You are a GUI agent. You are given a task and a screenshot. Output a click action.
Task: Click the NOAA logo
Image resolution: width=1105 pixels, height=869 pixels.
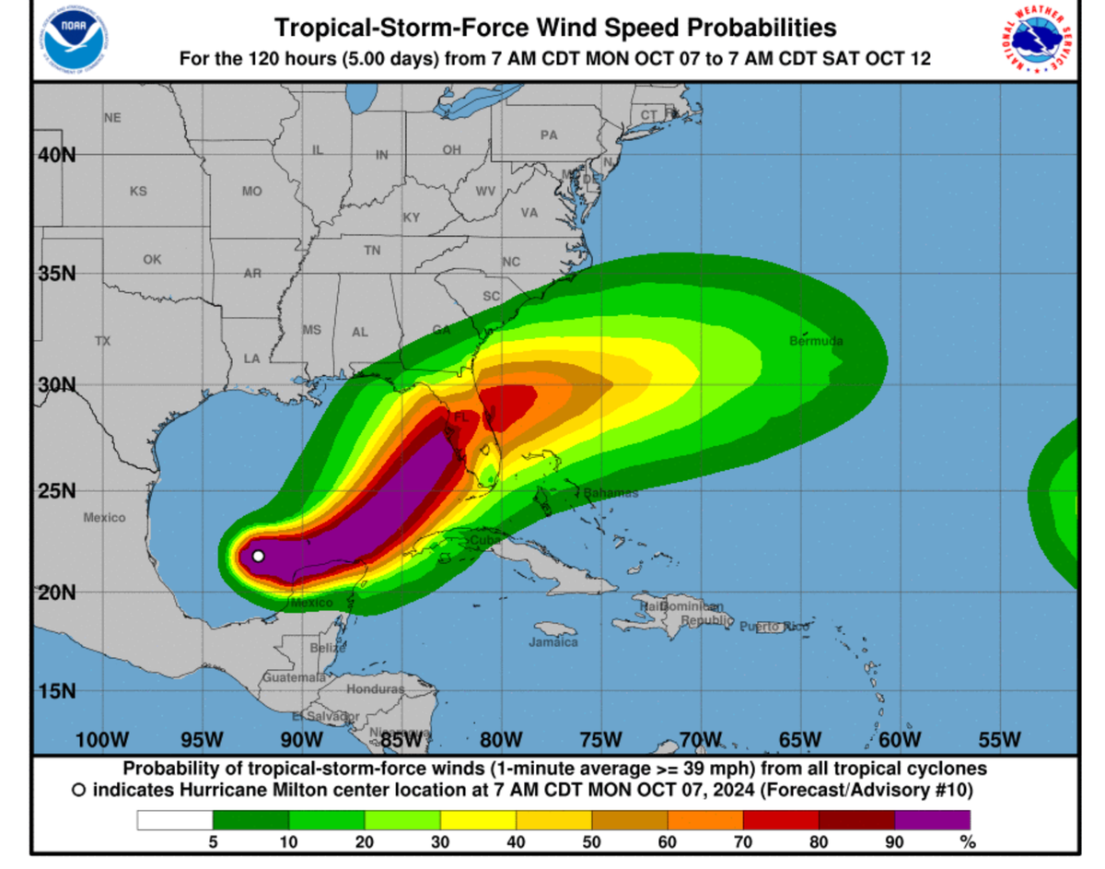pyautogui.click(x=73, y=42)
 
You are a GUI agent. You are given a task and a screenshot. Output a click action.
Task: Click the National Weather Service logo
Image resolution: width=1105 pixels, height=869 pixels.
pyautogui.click(x=1035, y=41)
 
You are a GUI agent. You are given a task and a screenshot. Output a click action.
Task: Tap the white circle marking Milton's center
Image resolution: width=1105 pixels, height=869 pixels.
pyautogui.click(x=259, y=556)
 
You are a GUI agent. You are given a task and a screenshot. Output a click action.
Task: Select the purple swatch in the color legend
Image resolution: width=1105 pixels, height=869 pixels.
pyautogui.click(x=932, y=819)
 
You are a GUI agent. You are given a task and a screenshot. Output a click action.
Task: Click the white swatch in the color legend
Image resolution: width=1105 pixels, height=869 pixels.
pyautogui.click(x=175, y=819)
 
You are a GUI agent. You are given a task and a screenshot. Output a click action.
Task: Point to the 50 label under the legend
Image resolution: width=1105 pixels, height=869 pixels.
pyautogui.click(x=591, y=841)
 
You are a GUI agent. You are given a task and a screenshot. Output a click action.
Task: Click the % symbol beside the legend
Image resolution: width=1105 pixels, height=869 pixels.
pyautogui.click(x=967, y=841)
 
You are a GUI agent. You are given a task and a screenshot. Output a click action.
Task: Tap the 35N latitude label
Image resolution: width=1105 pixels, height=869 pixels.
pyautogui.click(x=57, y=274)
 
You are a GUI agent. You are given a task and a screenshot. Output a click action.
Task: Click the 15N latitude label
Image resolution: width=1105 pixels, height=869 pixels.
pyautogui.click(x=57, y=691)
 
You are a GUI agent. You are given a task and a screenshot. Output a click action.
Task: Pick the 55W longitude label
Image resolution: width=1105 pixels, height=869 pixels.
pyautogui.click(x=999, y=740)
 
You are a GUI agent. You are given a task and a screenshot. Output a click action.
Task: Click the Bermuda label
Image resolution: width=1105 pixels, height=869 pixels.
pyautogui.click(x=816, y=341)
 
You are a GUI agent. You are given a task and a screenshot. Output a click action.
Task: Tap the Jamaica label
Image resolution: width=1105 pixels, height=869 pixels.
pyautogui.click(x=554, y=641)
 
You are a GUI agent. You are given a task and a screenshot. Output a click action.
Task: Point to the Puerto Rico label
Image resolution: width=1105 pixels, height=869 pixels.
pyautogui.click(x=774, y=627)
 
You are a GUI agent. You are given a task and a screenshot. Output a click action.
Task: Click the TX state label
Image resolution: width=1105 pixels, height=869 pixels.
pyautogui.click(x=102, y=341)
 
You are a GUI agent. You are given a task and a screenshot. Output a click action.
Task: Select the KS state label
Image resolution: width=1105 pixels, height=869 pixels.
pyautogui.click(x=138, y=192)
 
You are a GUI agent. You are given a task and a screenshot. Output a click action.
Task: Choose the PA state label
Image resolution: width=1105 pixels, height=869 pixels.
pyautogui.click(x=550, y=135)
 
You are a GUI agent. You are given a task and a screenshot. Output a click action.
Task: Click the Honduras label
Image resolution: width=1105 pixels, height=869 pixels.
pyautogui.click(x=375, y=688)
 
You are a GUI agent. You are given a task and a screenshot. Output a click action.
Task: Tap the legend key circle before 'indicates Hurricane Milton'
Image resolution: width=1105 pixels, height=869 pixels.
pyautogui.click(x=79, y=790)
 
